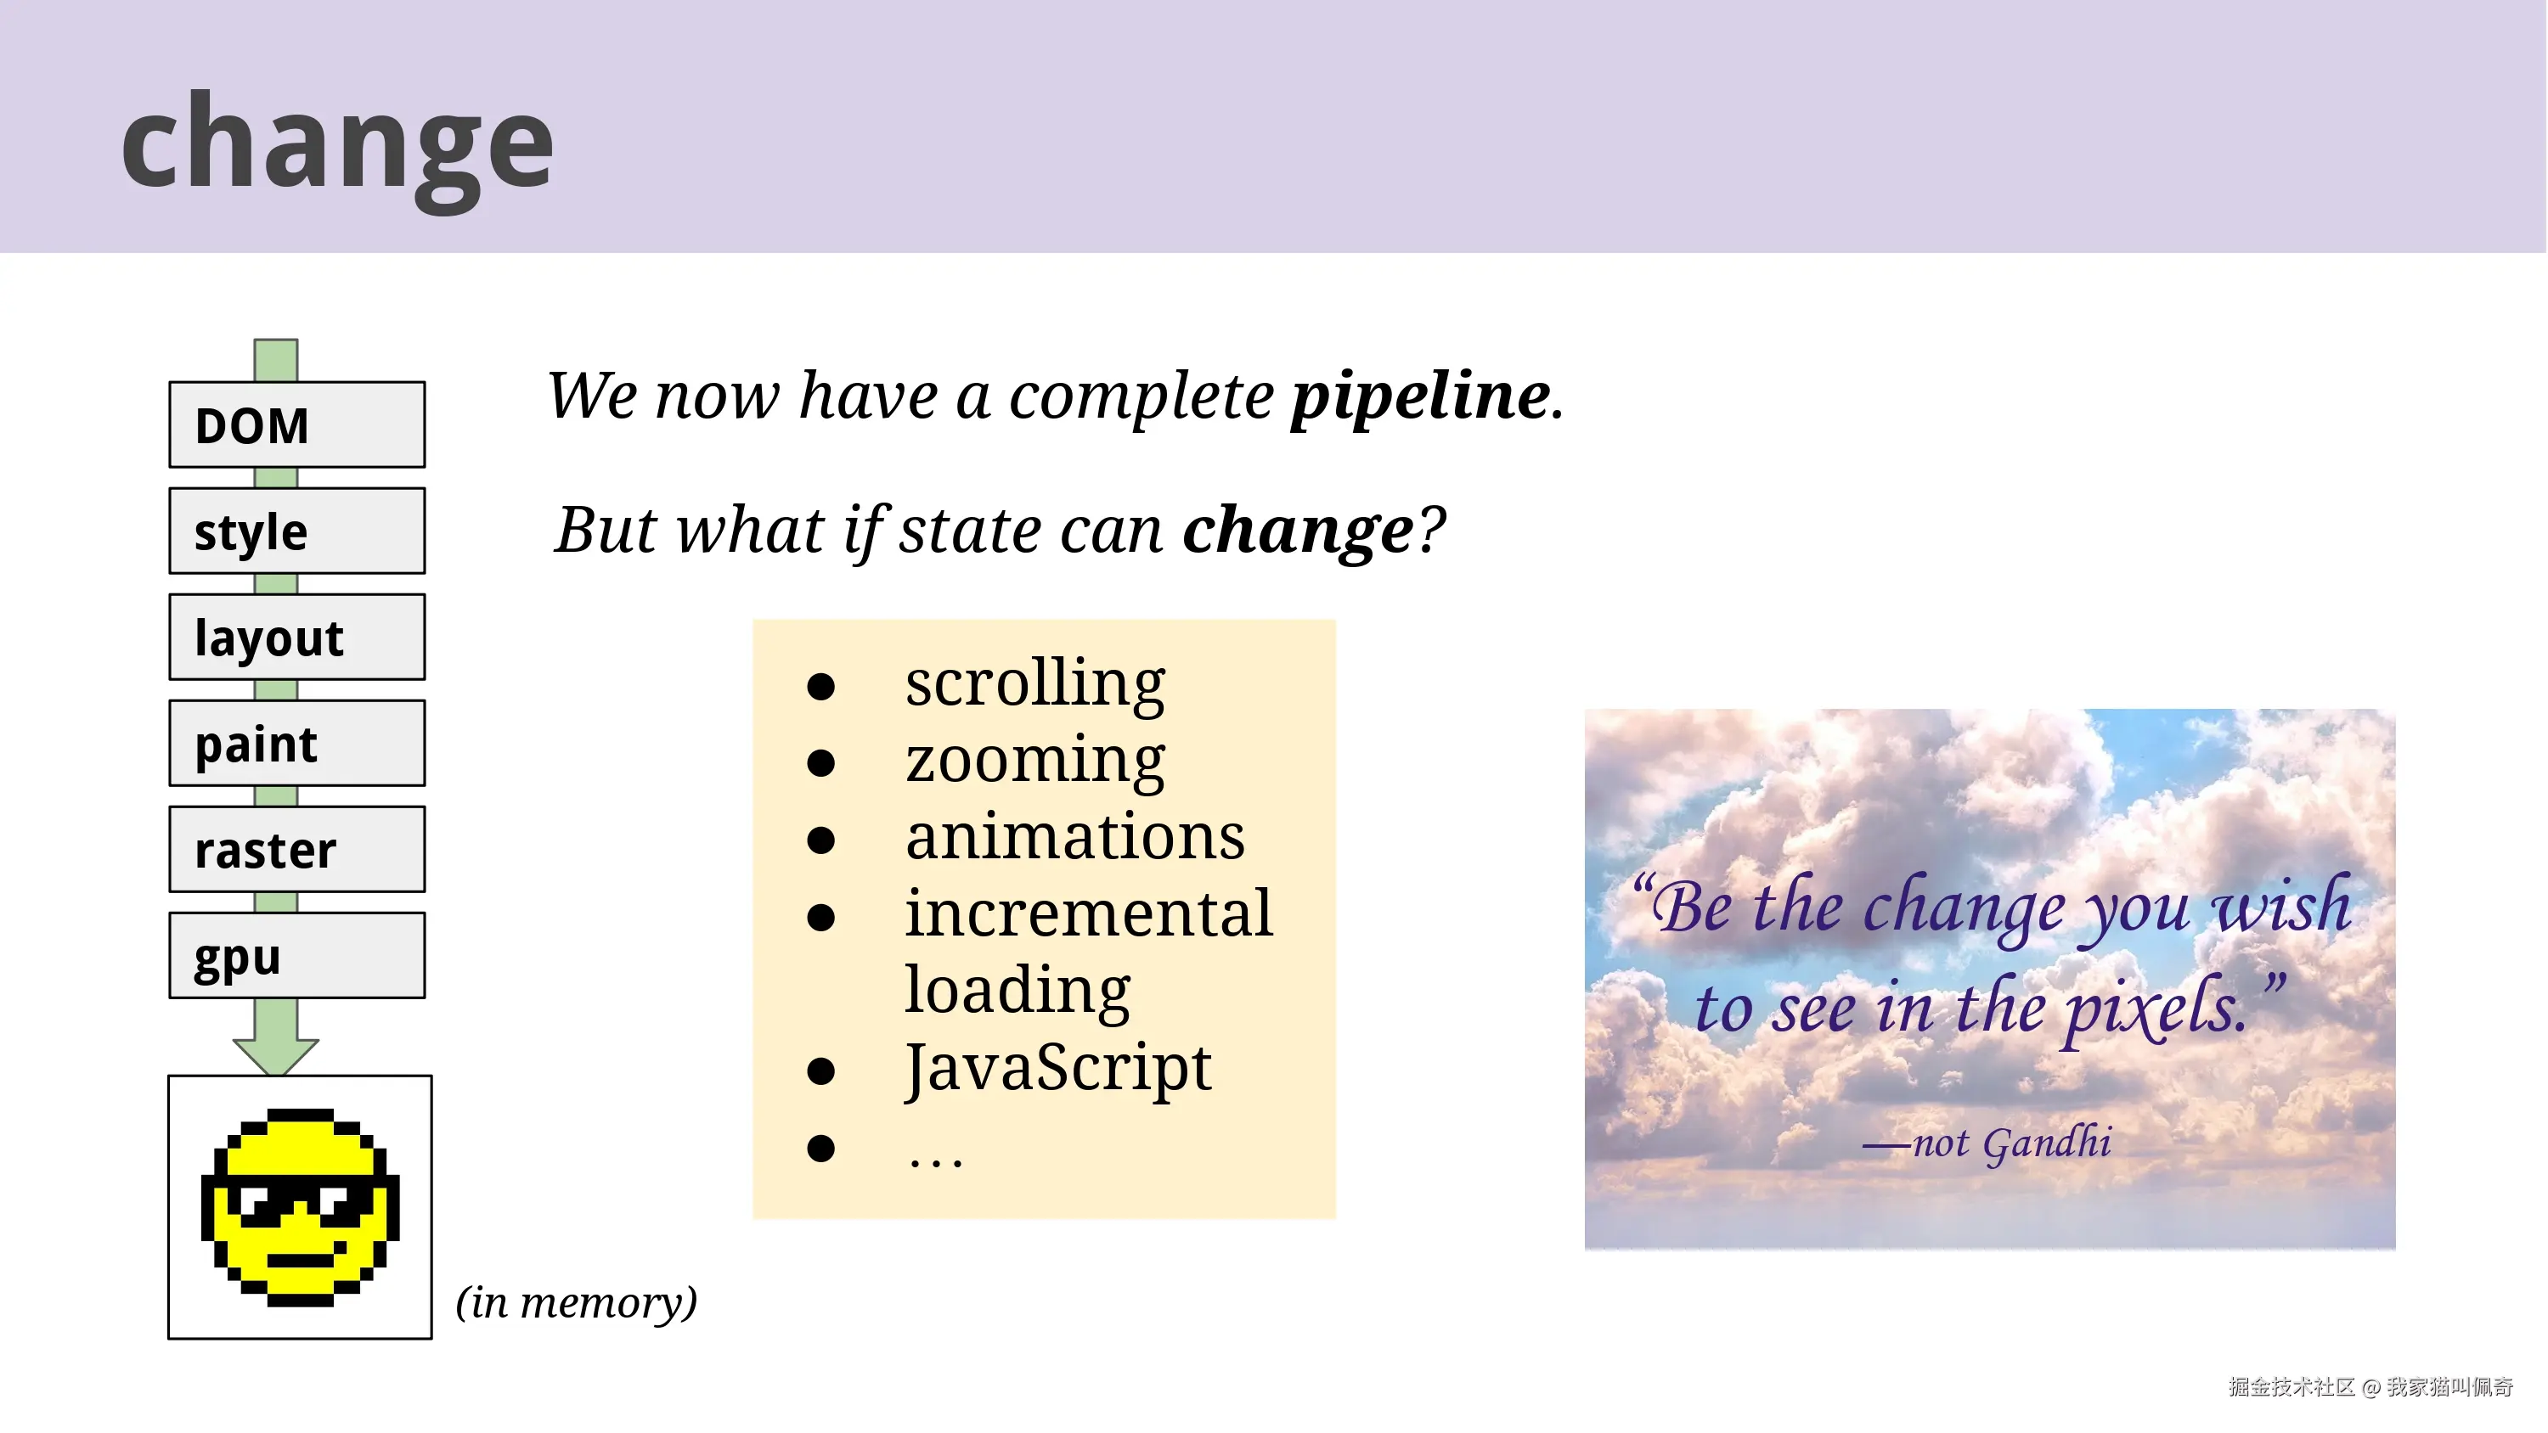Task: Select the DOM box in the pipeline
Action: (x=296, y=425)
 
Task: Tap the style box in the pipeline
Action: (x=296, y=531)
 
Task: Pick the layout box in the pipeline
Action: (x=296, y=637)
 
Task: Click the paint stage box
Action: (x=296, y=743)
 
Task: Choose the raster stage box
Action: (x=296, y=850)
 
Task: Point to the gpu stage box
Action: (x=296, y=955)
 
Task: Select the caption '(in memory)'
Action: (x=577, y=1302)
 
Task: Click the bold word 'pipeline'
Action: (x=1420, y=396)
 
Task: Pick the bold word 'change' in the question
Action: (x=1299, y=530)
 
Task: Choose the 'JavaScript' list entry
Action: (x=1057, y=1068)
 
